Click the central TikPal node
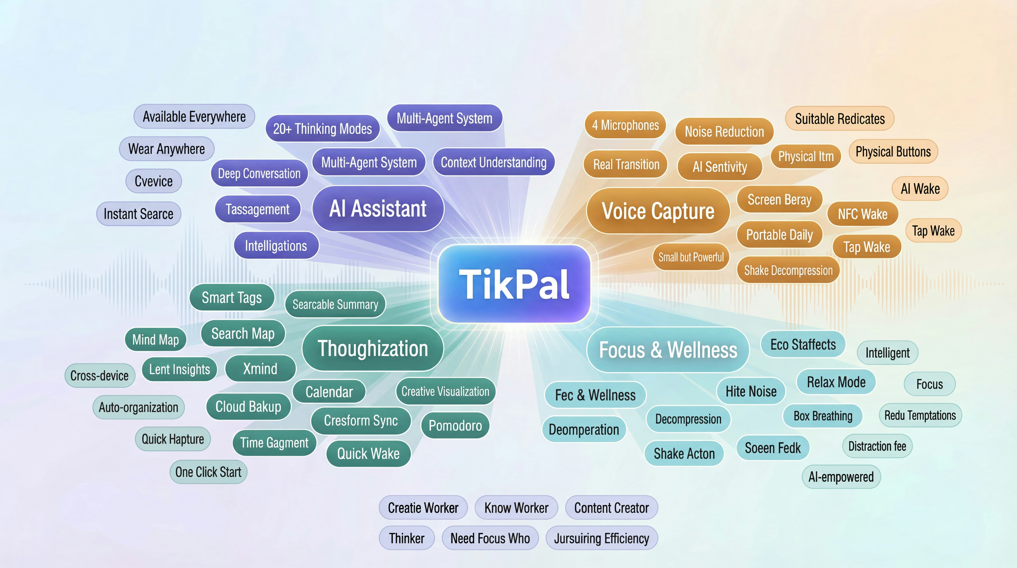click(514, 284)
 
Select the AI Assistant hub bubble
click(378, 209)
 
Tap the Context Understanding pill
click(494, 162)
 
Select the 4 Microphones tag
click(625, 125)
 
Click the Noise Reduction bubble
click(724, 131)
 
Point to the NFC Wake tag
click(863, 214)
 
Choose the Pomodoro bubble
click(455, 425)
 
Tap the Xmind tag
click(260, 368)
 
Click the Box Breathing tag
click(823, 416)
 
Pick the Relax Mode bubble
click(836, 382)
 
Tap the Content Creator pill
click(611, 508)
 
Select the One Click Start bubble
click(208, 472)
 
